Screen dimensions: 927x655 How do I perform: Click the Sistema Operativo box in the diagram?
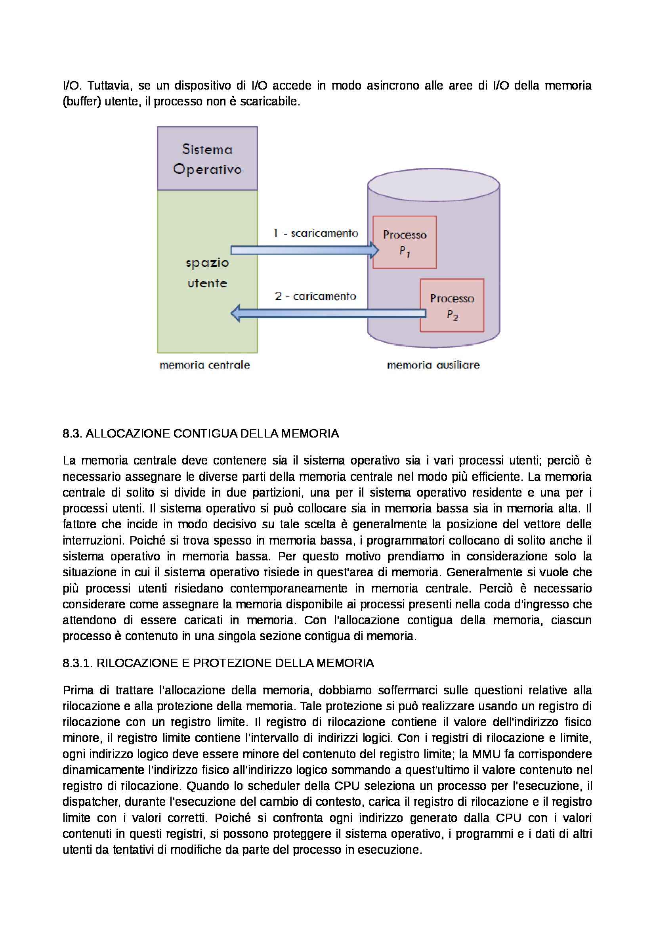click(207, 158)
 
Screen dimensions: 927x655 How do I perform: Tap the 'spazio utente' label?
click(207, 273)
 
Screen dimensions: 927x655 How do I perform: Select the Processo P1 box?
click(405, 242)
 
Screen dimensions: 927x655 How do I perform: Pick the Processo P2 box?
click(452, 306)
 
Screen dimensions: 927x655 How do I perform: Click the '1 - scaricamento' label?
click(315, 233)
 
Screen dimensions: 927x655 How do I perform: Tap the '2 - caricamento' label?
click(315, 296)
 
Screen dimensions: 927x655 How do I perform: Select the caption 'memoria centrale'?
click(204, 365)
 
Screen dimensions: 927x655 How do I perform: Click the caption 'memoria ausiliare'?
click(433, 365)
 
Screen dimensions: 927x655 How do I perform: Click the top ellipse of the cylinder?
click(433, 185)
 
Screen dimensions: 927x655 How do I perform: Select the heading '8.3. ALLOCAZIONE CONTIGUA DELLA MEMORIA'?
click(201, 434)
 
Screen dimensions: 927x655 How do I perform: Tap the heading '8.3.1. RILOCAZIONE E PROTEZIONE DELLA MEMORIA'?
click(218, 663)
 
